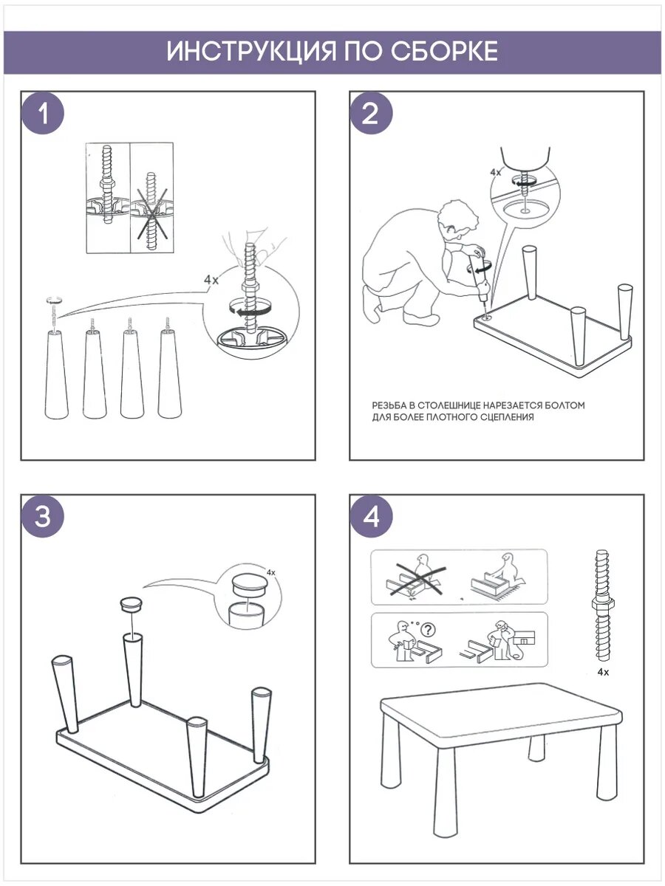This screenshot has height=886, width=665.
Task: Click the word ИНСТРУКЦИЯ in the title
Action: [x=251, y=51]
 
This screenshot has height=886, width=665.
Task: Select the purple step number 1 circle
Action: [x=43, y=114]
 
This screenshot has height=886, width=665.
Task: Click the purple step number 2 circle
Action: [x=371, y=114]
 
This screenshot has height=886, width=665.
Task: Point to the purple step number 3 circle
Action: [x=43, y=516]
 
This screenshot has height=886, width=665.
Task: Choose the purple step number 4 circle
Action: [x=371, y=516]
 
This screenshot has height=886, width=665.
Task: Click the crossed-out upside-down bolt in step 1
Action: [x=151, y=211]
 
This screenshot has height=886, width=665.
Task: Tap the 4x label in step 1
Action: [x=211, y=280]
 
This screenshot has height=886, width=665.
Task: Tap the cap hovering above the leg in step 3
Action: [x=132, y=604]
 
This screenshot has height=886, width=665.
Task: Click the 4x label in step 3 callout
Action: [x=271, y=572]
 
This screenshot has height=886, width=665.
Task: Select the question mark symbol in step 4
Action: [x=428, y=629]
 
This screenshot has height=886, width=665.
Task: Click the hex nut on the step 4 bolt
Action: [x=603, y=604]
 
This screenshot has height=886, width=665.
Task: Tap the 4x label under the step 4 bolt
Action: [x=603, y=672]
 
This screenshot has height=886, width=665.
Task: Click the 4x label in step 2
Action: [x=495, y=172]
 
